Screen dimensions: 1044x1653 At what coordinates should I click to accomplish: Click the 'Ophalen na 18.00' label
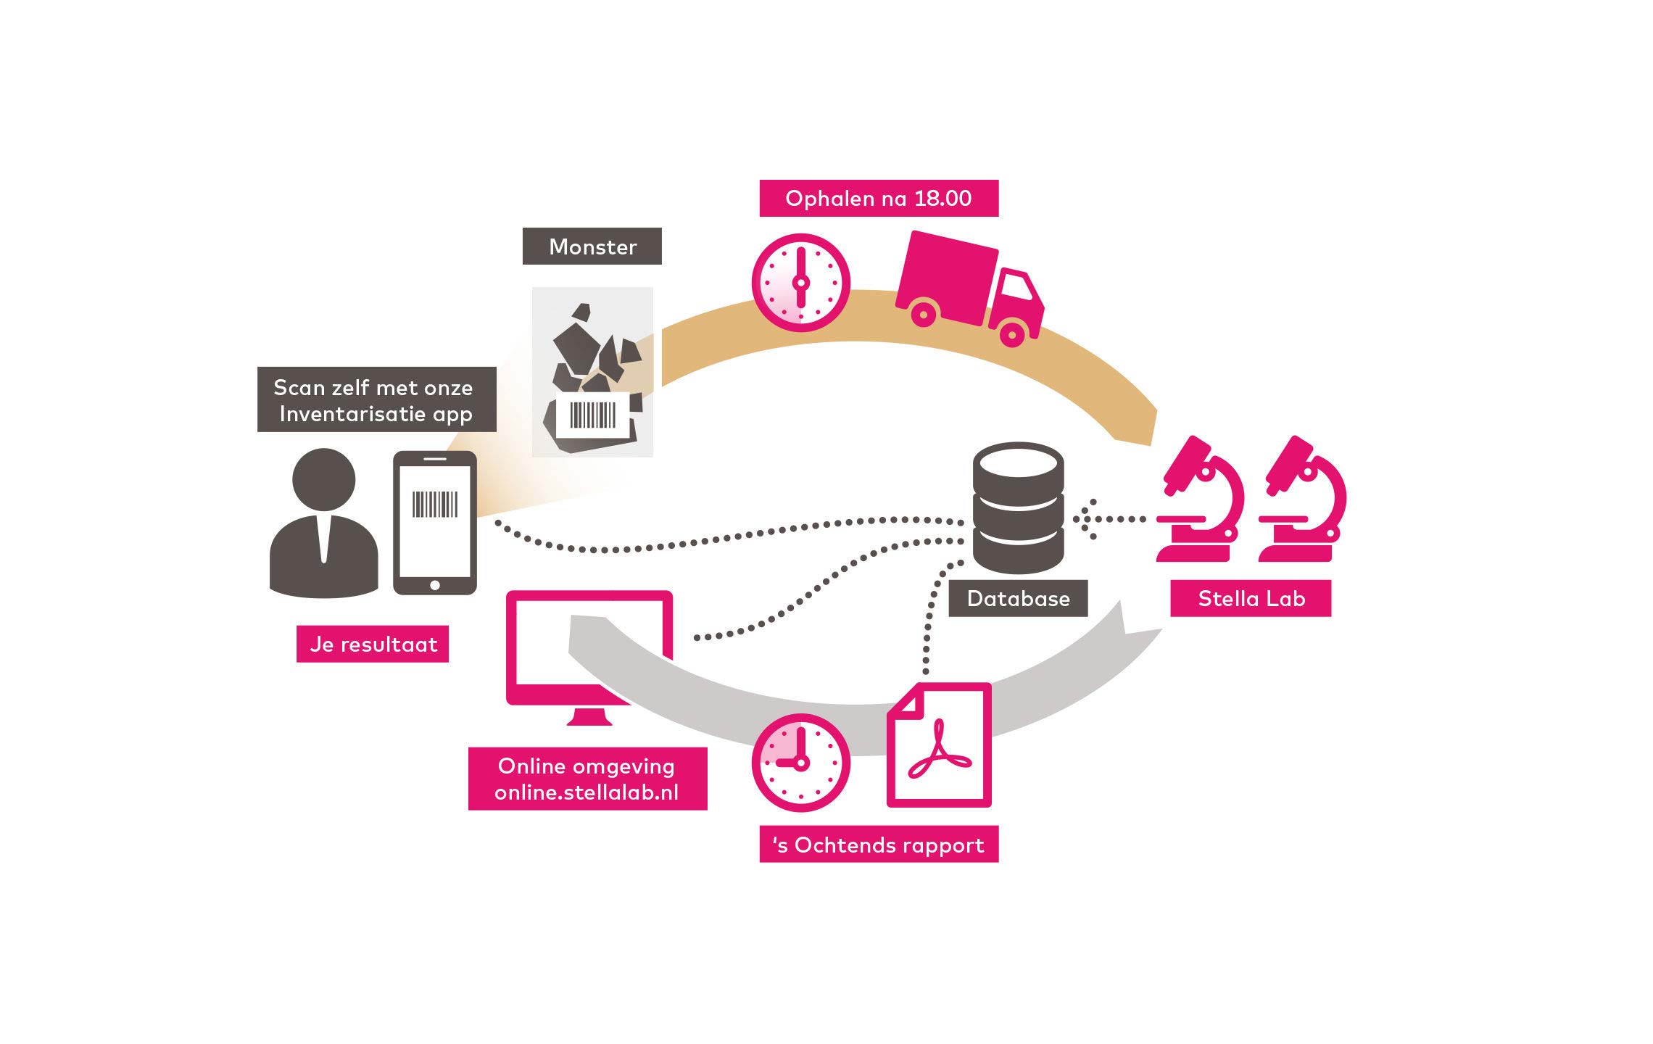(878, 198)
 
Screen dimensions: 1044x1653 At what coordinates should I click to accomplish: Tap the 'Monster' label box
(592, 246)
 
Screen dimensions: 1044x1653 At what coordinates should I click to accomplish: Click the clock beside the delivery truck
(800, 283)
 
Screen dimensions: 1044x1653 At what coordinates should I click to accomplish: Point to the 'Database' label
(1018, 598)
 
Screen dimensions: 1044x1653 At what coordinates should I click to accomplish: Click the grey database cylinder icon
(1018, 507)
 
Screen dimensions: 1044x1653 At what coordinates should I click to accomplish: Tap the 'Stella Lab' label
(1251, 598)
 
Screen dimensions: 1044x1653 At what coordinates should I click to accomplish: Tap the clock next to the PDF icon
(800, 762)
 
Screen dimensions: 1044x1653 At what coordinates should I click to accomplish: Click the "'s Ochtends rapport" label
(878, 845)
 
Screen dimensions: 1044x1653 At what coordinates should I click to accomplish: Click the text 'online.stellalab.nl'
(587, 792)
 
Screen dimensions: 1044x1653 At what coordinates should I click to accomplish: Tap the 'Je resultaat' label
(373, 644)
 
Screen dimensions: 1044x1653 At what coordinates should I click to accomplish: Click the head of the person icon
(323, 479)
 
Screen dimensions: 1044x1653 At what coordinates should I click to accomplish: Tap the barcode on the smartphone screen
(435, 505)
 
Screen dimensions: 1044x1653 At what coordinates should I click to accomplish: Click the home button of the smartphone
(435, 585)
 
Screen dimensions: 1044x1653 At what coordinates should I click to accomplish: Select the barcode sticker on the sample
(592, 415)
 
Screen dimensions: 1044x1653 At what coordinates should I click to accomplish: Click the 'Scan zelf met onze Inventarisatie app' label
(376, 399)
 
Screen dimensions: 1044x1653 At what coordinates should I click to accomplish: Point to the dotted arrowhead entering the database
(1084, 519)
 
